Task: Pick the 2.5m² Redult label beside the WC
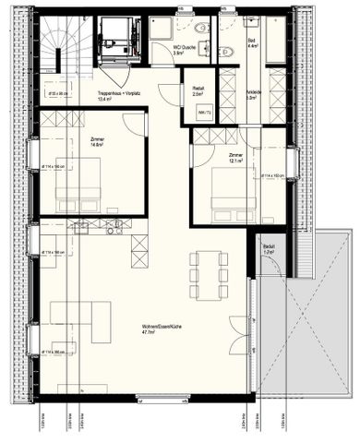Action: click(x=197, y=91)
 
